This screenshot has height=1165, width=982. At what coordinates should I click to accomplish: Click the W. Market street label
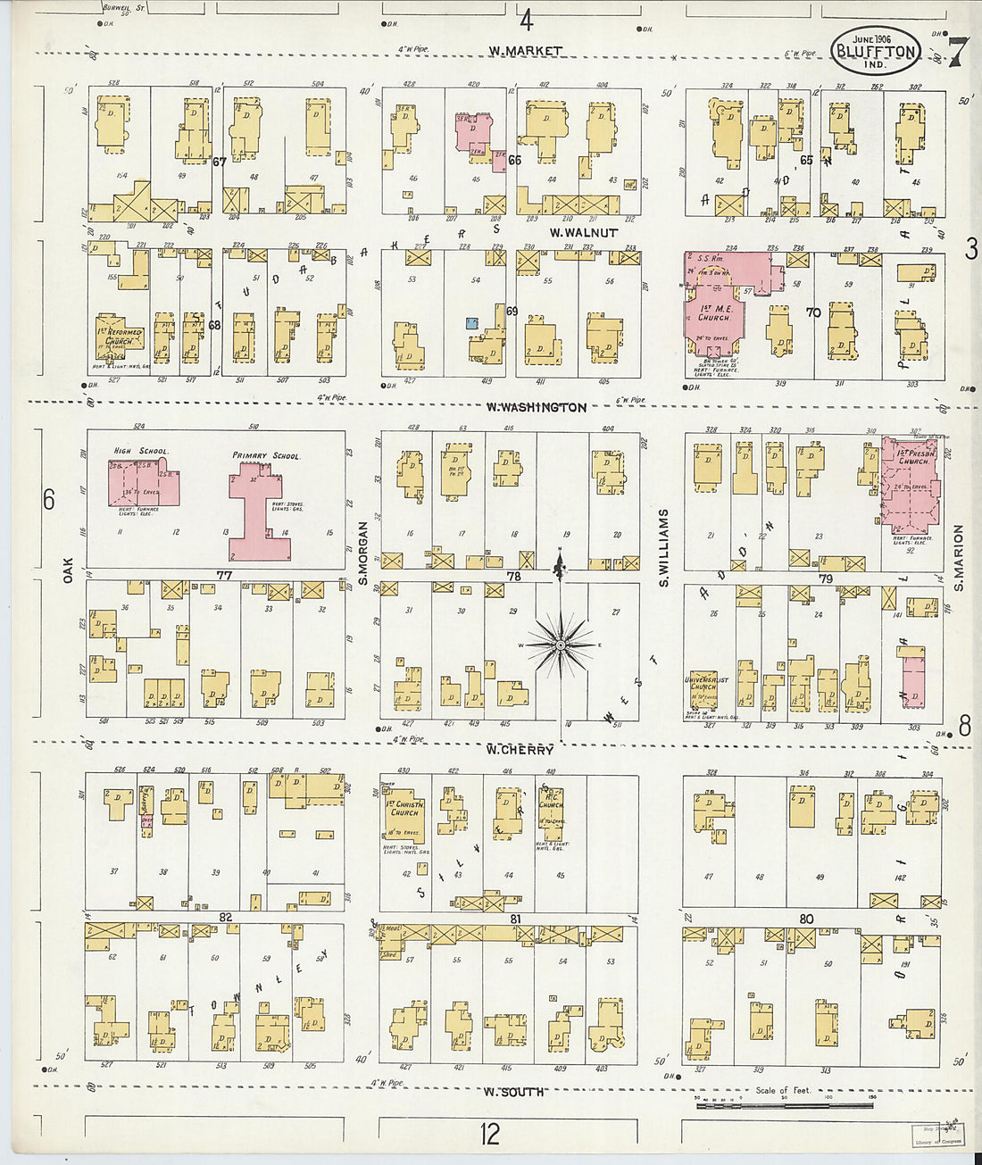click(525, 51)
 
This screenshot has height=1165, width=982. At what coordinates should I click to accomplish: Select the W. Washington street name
click(537, 407)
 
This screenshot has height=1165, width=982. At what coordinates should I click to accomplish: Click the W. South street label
click(514, 1091)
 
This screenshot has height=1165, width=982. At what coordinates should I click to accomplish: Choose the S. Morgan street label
click(363, 553)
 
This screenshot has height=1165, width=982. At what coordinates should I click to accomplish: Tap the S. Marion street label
click(958, 558)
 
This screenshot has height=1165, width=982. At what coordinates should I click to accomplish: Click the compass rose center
click(560, 644)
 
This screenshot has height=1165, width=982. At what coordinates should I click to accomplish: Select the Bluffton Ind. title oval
click(876, 50)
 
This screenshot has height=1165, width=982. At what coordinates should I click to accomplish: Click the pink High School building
click(143, 482)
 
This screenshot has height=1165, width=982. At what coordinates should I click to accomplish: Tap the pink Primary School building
click(260, 509)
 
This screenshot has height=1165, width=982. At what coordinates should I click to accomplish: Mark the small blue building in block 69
click(471, 322)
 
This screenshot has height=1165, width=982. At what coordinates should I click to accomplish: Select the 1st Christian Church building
click(404, 813)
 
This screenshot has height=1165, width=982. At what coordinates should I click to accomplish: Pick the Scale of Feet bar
click(784, 1105)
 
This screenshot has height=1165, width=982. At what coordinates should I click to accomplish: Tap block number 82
click(225, 918)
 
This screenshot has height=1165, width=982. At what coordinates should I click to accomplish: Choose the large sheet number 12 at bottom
click(489, 1134)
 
